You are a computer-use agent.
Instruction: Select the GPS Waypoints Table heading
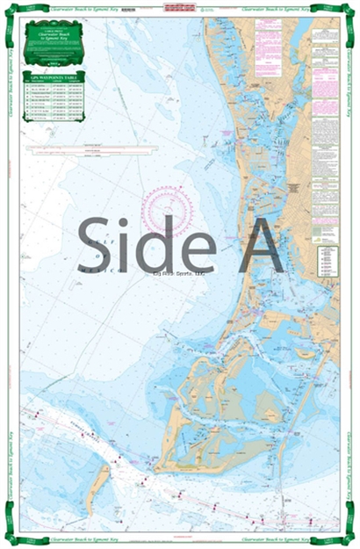click(x=54, y=79)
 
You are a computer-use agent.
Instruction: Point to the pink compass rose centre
click(x=167, y=213)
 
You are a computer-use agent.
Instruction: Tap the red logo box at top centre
click(x=180, y=10)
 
